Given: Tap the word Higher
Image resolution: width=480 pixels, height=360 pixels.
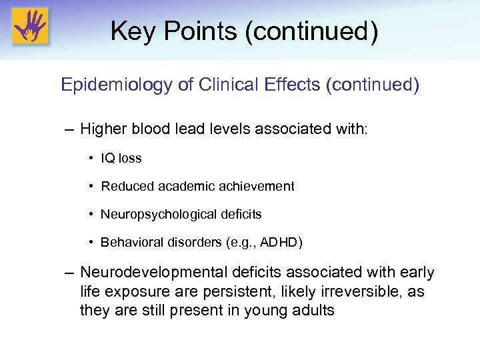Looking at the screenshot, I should [x=107, y=128].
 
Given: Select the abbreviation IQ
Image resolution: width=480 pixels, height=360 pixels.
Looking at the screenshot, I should [x=107, y=159].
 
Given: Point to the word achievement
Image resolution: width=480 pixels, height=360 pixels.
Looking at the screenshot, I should [x=256, y=187].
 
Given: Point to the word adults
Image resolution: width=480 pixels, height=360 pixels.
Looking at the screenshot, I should [x=313, y=311].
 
